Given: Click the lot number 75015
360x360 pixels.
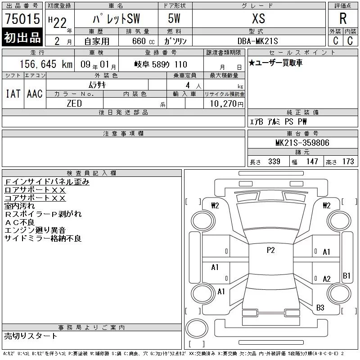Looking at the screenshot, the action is tap(22, 19).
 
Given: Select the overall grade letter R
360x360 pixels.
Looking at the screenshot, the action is tap(343, 18).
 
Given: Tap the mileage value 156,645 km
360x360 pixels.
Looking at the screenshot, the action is tap(46, 64).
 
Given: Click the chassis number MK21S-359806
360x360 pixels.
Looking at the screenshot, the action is tap(302, 143).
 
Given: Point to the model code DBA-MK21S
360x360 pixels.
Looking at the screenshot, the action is tap(257, 41).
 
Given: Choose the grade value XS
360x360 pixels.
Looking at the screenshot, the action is tap(258, 18).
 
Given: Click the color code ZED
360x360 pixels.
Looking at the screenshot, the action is tap(74, 103).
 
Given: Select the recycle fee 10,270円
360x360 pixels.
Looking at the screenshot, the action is tap(227, 104).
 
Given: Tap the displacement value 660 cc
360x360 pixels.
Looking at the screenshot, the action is tap(143, 41).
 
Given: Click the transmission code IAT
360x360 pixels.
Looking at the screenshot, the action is tap(13, 94).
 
